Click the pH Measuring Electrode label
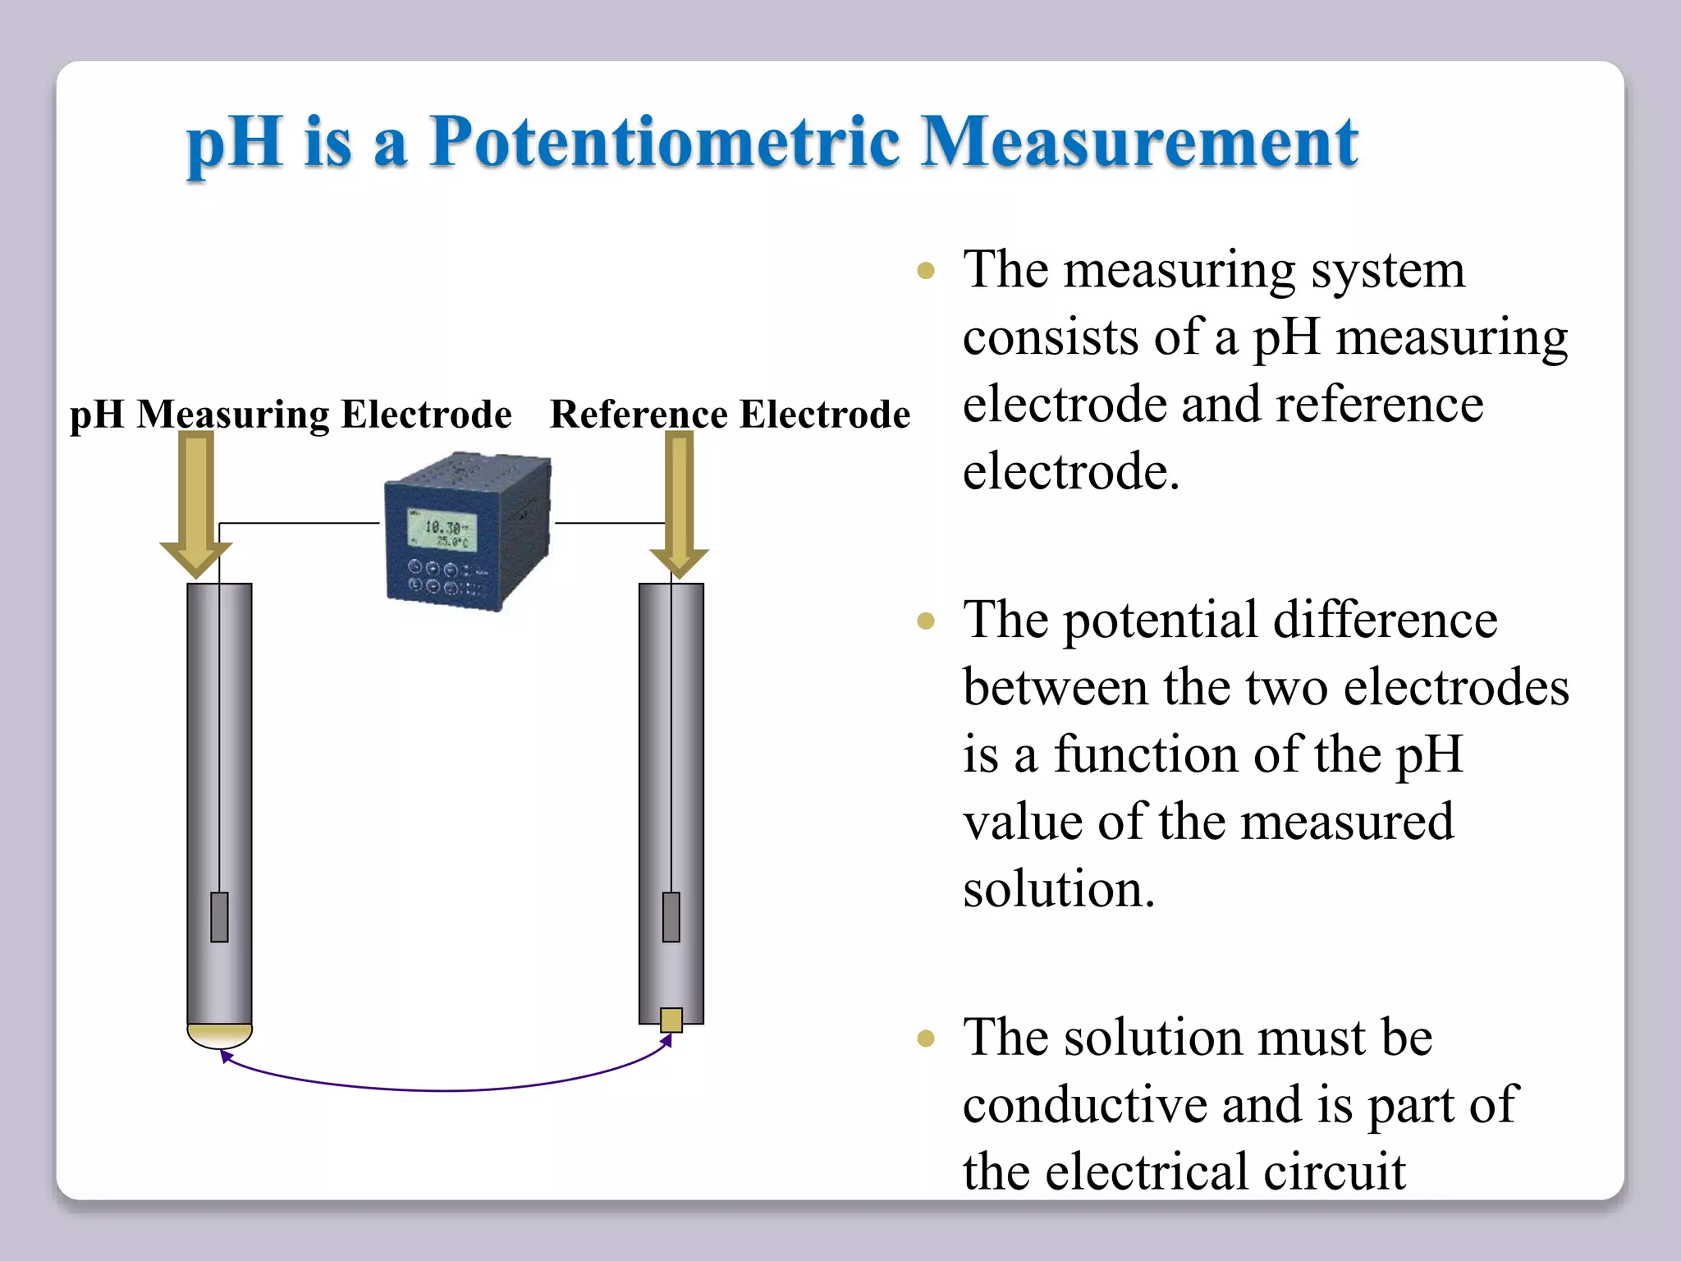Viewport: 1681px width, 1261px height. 291,414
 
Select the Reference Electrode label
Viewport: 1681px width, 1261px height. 730,414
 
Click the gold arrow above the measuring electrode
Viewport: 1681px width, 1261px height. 196,501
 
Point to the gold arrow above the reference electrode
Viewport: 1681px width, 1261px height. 679,501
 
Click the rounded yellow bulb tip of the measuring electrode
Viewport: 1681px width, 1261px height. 219,1035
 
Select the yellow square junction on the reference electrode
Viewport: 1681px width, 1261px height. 671,1020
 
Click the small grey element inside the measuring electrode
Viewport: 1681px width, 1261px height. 219,916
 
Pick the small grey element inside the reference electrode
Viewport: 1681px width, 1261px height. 671,916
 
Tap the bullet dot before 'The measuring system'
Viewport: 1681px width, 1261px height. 926,271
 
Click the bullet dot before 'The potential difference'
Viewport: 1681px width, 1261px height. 926,621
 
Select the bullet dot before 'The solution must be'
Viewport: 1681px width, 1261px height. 926,1039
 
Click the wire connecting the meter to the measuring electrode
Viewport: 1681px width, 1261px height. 300,523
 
